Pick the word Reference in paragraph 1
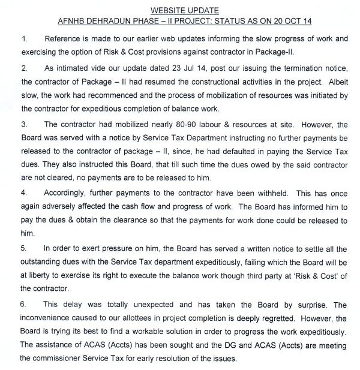[x=59, y=40]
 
